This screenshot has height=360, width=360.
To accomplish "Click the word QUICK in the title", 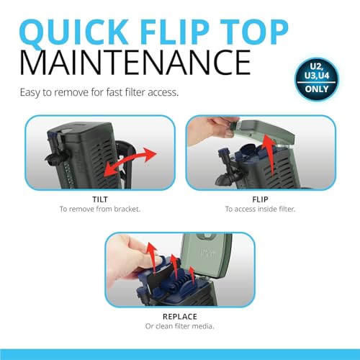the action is tap(74, 33).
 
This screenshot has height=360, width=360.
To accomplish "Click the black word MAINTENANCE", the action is tap(135, 63).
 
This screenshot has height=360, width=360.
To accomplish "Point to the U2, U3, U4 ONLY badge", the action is tap(317, 79).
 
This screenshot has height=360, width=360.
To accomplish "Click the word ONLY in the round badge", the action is tap(317, 89).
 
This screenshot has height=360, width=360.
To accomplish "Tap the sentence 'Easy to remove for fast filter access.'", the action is tap(99, 92).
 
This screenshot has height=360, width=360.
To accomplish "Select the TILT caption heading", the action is tap(100, 199).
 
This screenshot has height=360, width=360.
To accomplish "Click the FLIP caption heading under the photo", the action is tap(260, 199).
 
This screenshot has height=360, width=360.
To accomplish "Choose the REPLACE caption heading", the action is tap(180, 317).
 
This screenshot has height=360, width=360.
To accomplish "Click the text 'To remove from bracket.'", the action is tap(100, 209).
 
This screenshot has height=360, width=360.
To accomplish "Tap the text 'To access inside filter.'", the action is tap(260, 209).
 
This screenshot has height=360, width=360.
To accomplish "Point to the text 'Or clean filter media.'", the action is tap(180, 326).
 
